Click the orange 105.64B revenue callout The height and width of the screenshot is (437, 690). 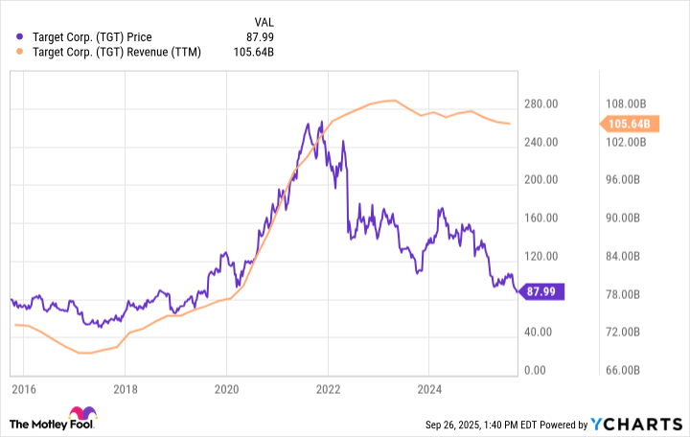(x=629, y=124)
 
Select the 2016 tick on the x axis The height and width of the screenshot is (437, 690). (x=24, y=390)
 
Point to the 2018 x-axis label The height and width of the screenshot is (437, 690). (x=126, y=390)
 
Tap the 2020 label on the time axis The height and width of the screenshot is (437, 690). (x=227, y=390)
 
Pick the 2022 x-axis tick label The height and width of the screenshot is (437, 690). (x=328, y=390)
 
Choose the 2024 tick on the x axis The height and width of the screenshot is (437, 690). (x=429, y=390)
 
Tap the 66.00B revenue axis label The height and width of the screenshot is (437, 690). (x=634, y=371)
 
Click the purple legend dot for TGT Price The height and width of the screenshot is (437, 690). (x=22, y=36)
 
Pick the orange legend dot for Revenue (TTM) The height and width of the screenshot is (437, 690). (x=22, y=52)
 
